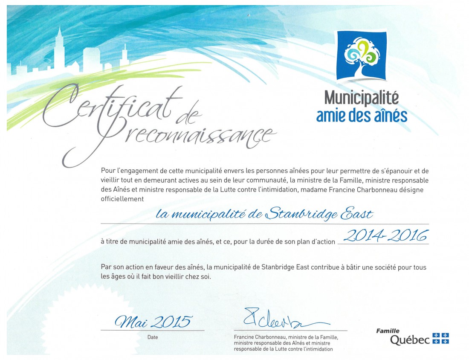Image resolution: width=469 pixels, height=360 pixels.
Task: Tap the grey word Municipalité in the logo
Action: pos(362,98)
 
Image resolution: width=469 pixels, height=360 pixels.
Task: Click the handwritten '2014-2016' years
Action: pos(385,235)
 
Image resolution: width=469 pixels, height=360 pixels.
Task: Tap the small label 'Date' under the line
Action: pos(152,337)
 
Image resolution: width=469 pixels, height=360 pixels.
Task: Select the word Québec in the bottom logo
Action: pos(410,340)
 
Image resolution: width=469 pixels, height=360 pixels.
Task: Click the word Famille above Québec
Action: pos(388,331)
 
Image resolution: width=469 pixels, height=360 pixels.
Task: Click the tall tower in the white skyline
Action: pos(59,49)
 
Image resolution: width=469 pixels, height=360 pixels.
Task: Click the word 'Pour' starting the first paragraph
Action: pos(107,171)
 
